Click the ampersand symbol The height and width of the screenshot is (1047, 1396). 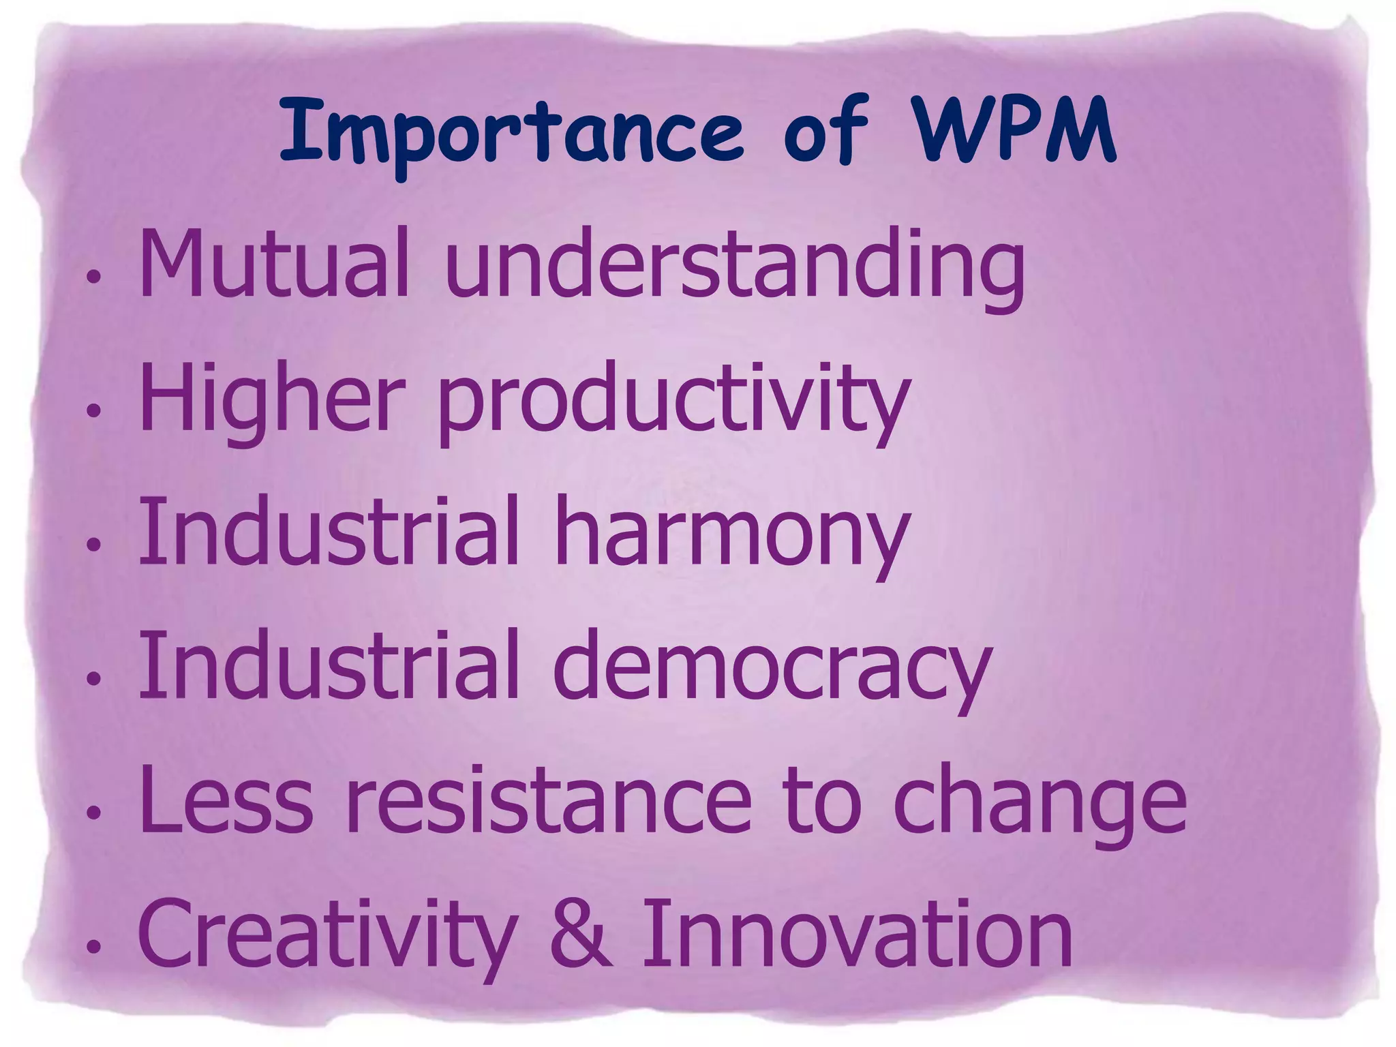click(x=580, y=932)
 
